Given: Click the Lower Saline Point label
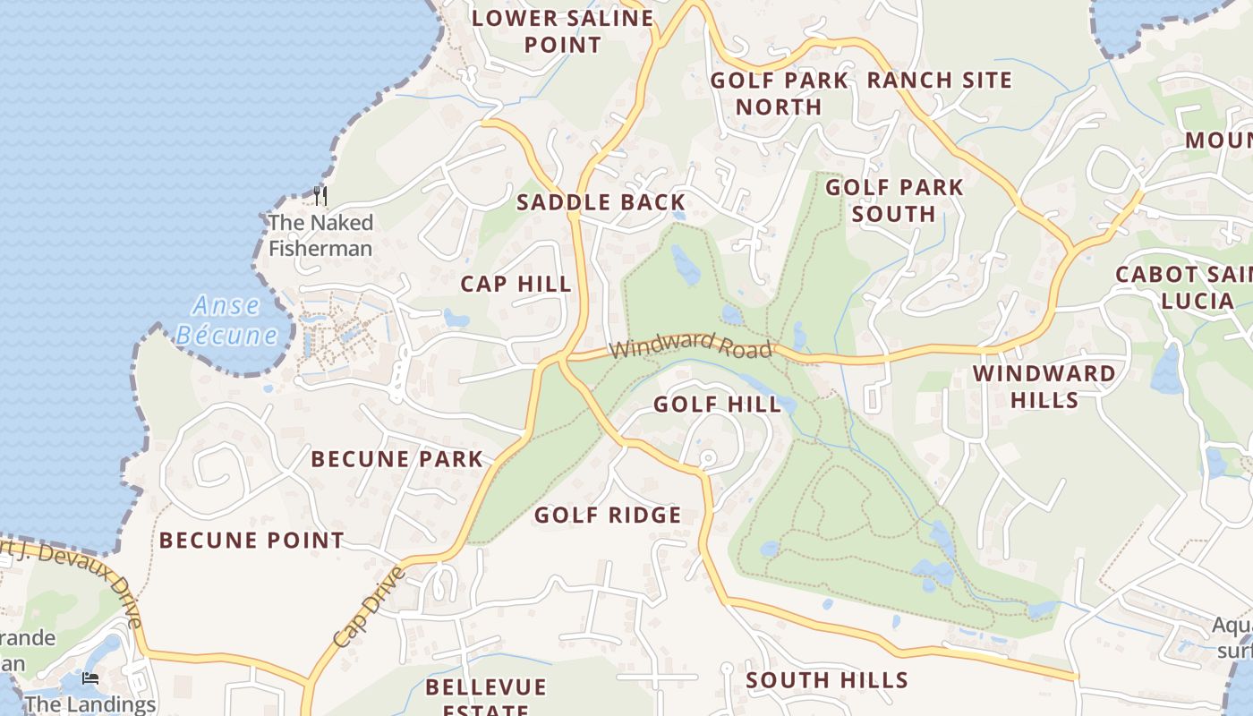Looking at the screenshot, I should pyautogui.click(x=562, y=31).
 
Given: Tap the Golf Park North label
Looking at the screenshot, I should pyautogui.click(x=779, y=93).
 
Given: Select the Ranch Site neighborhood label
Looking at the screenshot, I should pyautogui.click(x=939, y=80).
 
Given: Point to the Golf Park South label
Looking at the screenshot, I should pyautogui.click(x=894, y=200).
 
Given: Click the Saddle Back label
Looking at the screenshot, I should pyautogui.click(x=601, y=202).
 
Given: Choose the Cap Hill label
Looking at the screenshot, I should pyautogui.click(x=516, y=285).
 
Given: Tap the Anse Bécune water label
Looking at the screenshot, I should pyautogui.click(x=227, y=320).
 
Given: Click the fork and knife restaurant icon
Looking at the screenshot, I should pyautogui.click(x=320, y=195).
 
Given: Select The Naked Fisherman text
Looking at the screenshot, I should pyautogui.click(x=320, y=235).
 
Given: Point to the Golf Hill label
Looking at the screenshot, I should pyautogui.click(x=717, y=405).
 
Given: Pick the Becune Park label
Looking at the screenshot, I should pyautogui.click(x=396, y=460).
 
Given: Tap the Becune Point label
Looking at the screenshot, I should pyautogui.click(x=251, y=541).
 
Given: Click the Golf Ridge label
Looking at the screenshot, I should pyautogui.click(x=608, y=516).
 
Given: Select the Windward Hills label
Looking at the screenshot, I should pyautogui.click(x=1044, y=387).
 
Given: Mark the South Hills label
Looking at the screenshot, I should pyautogui.click(x=827, y=680).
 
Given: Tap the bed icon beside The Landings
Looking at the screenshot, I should pyautogui.click(x=90, y=678).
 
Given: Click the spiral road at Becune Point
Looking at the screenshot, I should pyautogui.click(x=215, y=465).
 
